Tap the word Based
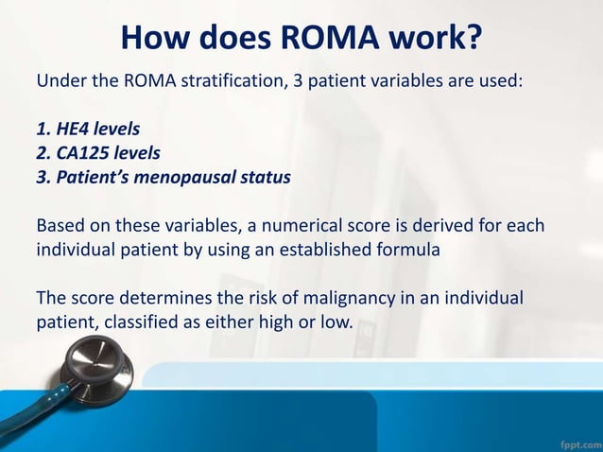[60, 227]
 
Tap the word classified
[142, 324]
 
